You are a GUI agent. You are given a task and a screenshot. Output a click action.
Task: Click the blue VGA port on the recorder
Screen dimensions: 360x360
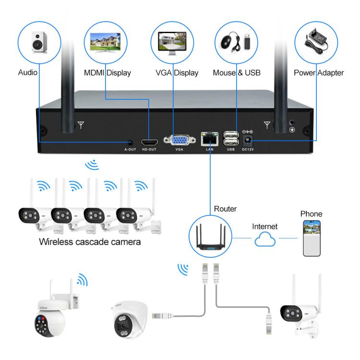click(180, 141)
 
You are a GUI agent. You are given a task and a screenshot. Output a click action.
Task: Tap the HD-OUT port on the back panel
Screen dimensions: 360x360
click(150, 143)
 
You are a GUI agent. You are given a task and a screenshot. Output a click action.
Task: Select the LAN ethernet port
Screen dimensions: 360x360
click(210, 140)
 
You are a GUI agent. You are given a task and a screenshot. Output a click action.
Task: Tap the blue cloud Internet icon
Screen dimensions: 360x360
click(264, 239)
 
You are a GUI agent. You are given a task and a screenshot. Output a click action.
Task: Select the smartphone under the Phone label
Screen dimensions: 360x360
click(311, 239)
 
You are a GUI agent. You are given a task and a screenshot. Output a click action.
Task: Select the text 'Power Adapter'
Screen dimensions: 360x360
click(319, 73)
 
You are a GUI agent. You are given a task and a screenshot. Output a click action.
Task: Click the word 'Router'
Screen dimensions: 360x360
click(225, 209)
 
